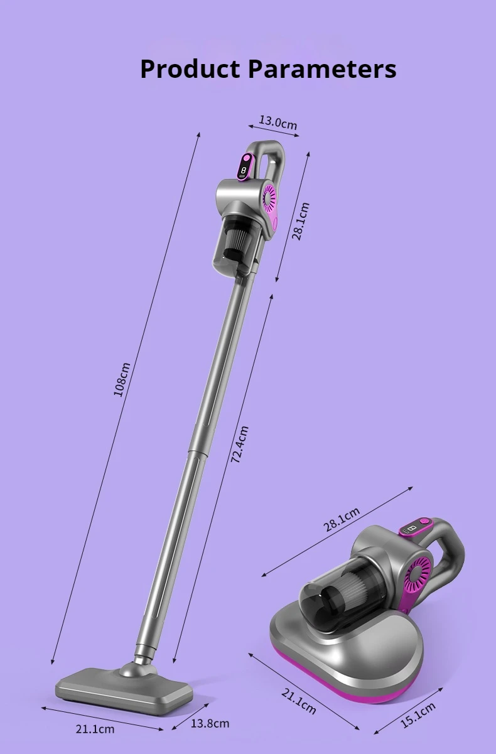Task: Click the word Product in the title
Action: tap(190, 69)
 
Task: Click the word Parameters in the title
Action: tap(322, 69)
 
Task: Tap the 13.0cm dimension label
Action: tap(278, 122)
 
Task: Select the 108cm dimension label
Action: tap(122, 379)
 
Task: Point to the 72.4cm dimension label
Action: tap(240, 444)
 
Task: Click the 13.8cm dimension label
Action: tap(210, 723)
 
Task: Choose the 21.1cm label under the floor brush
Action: tap(95, 729)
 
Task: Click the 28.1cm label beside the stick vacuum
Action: tap(300, 221)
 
